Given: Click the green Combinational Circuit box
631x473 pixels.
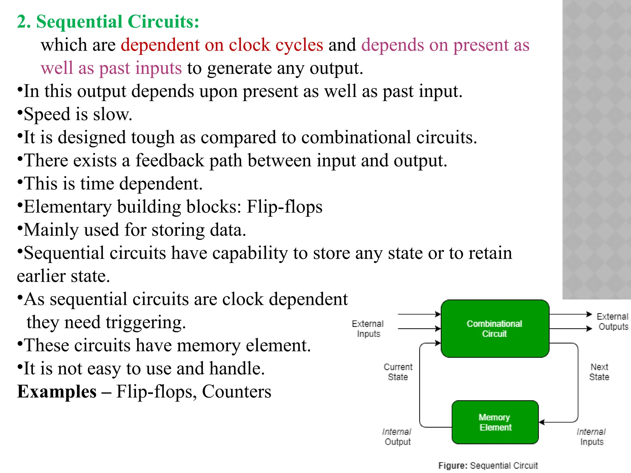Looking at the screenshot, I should click(495, 329).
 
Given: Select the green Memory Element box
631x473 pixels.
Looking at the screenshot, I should click(495, 422).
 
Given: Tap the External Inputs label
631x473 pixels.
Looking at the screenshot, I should click(368, 329).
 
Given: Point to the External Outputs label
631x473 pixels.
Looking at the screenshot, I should click(613, 321).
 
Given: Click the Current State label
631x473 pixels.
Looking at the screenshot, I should click(398, 372).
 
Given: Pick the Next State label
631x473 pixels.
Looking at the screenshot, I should click(599, 372).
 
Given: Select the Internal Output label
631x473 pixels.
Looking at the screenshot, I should click(397, 437).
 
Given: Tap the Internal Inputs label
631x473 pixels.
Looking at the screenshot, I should click(591, 437).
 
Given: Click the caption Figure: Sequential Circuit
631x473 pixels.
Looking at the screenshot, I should click(488, 465).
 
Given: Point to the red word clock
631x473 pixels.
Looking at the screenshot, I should click(249, 45).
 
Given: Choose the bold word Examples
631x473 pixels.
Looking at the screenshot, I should click(57, 392).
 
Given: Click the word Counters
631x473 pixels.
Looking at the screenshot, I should click(236, 392).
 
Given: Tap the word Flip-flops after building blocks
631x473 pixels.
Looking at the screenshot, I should click(284, 207).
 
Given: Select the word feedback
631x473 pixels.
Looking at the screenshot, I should click(170, 160).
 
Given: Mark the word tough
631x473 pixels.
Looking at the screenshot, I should click(153, 137).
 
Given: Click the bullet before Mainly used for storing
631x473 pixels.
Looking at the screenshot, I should click(20, 229).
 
